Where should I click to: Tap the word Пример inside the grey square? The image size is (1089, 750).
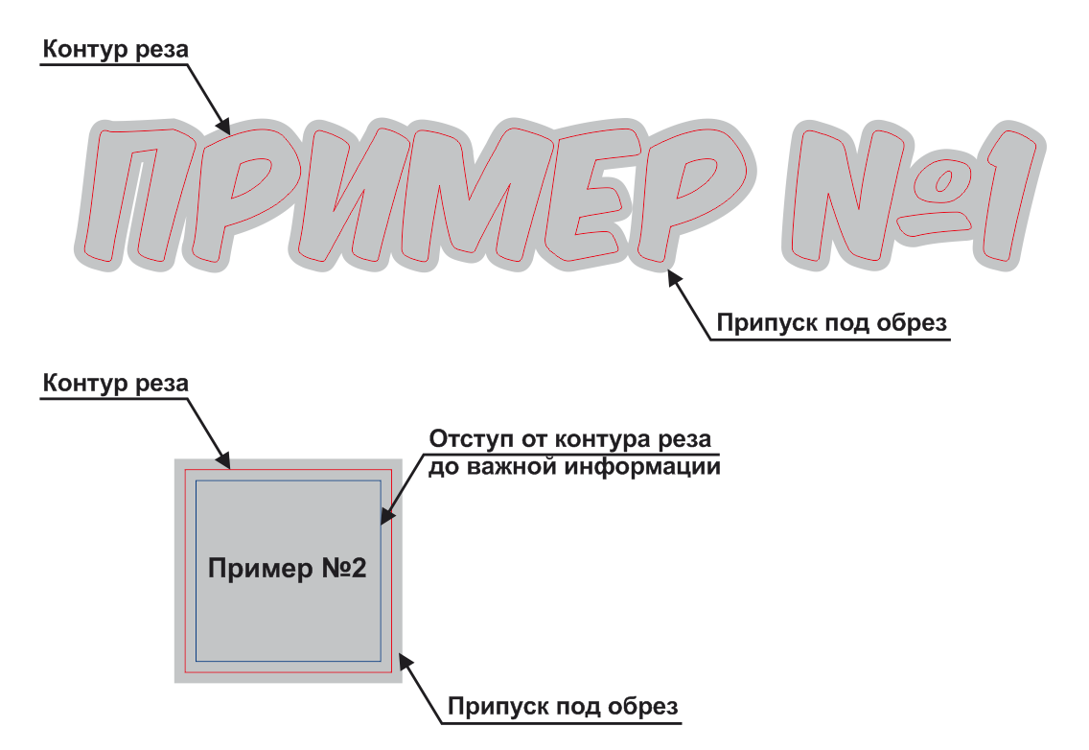261,569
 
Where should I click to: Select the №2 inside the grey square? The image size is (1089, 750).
344,568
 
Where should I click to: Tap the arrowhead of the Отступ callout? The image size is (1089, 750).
387,515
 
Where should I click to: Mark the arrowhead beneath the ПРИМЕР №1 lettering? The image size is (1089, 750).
675,279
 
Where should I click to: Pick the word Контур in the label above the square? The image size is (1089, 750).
84,383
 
